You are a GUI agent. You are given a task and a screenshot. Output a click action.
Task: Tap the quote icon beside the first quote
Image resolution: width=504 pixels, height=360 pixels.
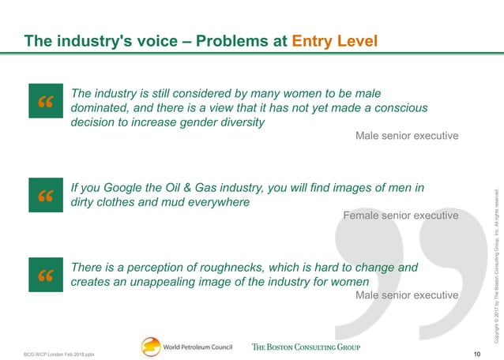[x=44, y=102]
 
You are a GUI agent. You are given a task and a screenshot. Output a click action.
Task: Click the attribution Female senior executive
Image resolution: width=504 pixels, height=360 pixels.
[x=401, y=216]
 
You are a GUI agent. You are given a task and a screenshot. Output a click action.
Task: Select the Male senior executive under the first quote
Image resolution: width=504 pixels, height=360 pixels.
[x=407, y=136]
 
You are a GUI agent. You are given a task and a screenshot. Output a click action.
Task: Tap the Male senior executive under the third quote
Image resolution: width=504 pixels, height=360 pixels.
[x=407, y=295]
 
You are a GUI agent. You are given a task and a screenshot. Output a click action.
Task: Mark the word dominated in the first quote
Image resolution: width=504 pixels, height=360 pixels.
[x=98, y=108]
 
